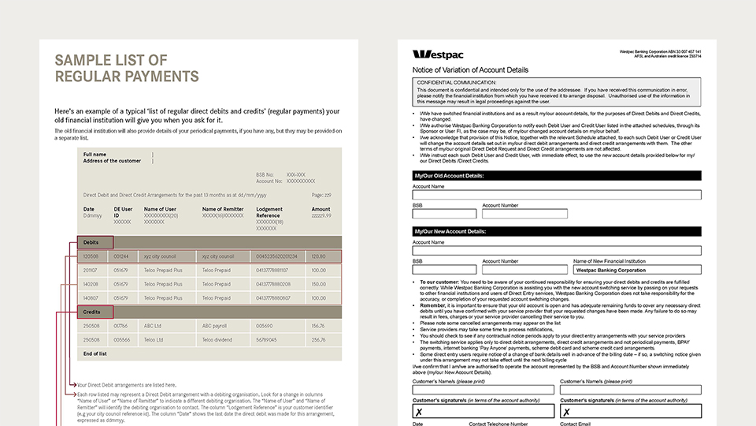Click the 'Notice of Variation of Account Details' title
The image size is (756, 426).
point(470,70)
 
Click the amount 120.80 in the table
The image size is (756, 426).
point(318,256)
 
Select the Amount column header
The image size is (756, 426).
point(321,209)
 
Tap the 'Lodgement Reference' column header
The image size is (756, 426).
point(273,212)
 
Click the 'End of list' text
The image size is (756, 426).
point(95,354)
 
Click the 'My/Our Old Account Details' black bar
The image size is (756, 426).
point(557,175)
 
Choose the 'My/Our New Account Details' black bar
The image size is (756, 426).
point(557,231)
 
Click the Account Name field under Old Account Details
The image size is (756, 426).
point(557,195)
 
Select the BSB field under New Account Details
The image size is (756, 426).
point(443,270)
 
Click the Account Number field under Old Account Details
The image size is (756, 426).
point(524,213)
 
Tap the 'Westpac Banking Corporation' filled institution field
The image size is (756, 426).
point(637,270)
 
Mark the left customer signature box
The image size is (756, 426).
point(483,411)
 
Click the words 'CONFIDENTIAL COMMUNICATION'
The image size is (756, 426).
point(456,82)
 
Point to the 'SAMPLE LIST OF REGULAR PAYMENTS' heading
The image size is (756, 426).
point(126,68)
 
